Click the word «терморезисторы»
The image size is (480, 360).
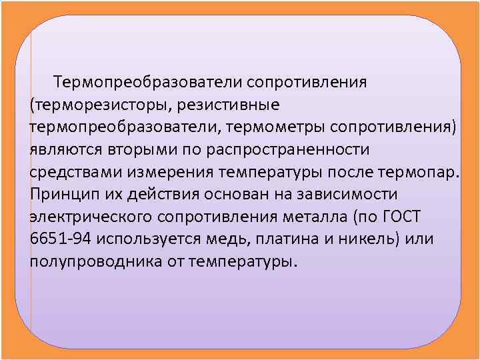97,105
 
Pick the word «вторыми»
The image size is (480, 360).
133,149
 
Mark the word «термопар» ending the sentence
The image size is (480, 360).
417,171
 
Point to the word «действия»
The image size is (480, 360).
161,193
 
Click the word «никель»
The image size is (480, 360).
361,238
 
